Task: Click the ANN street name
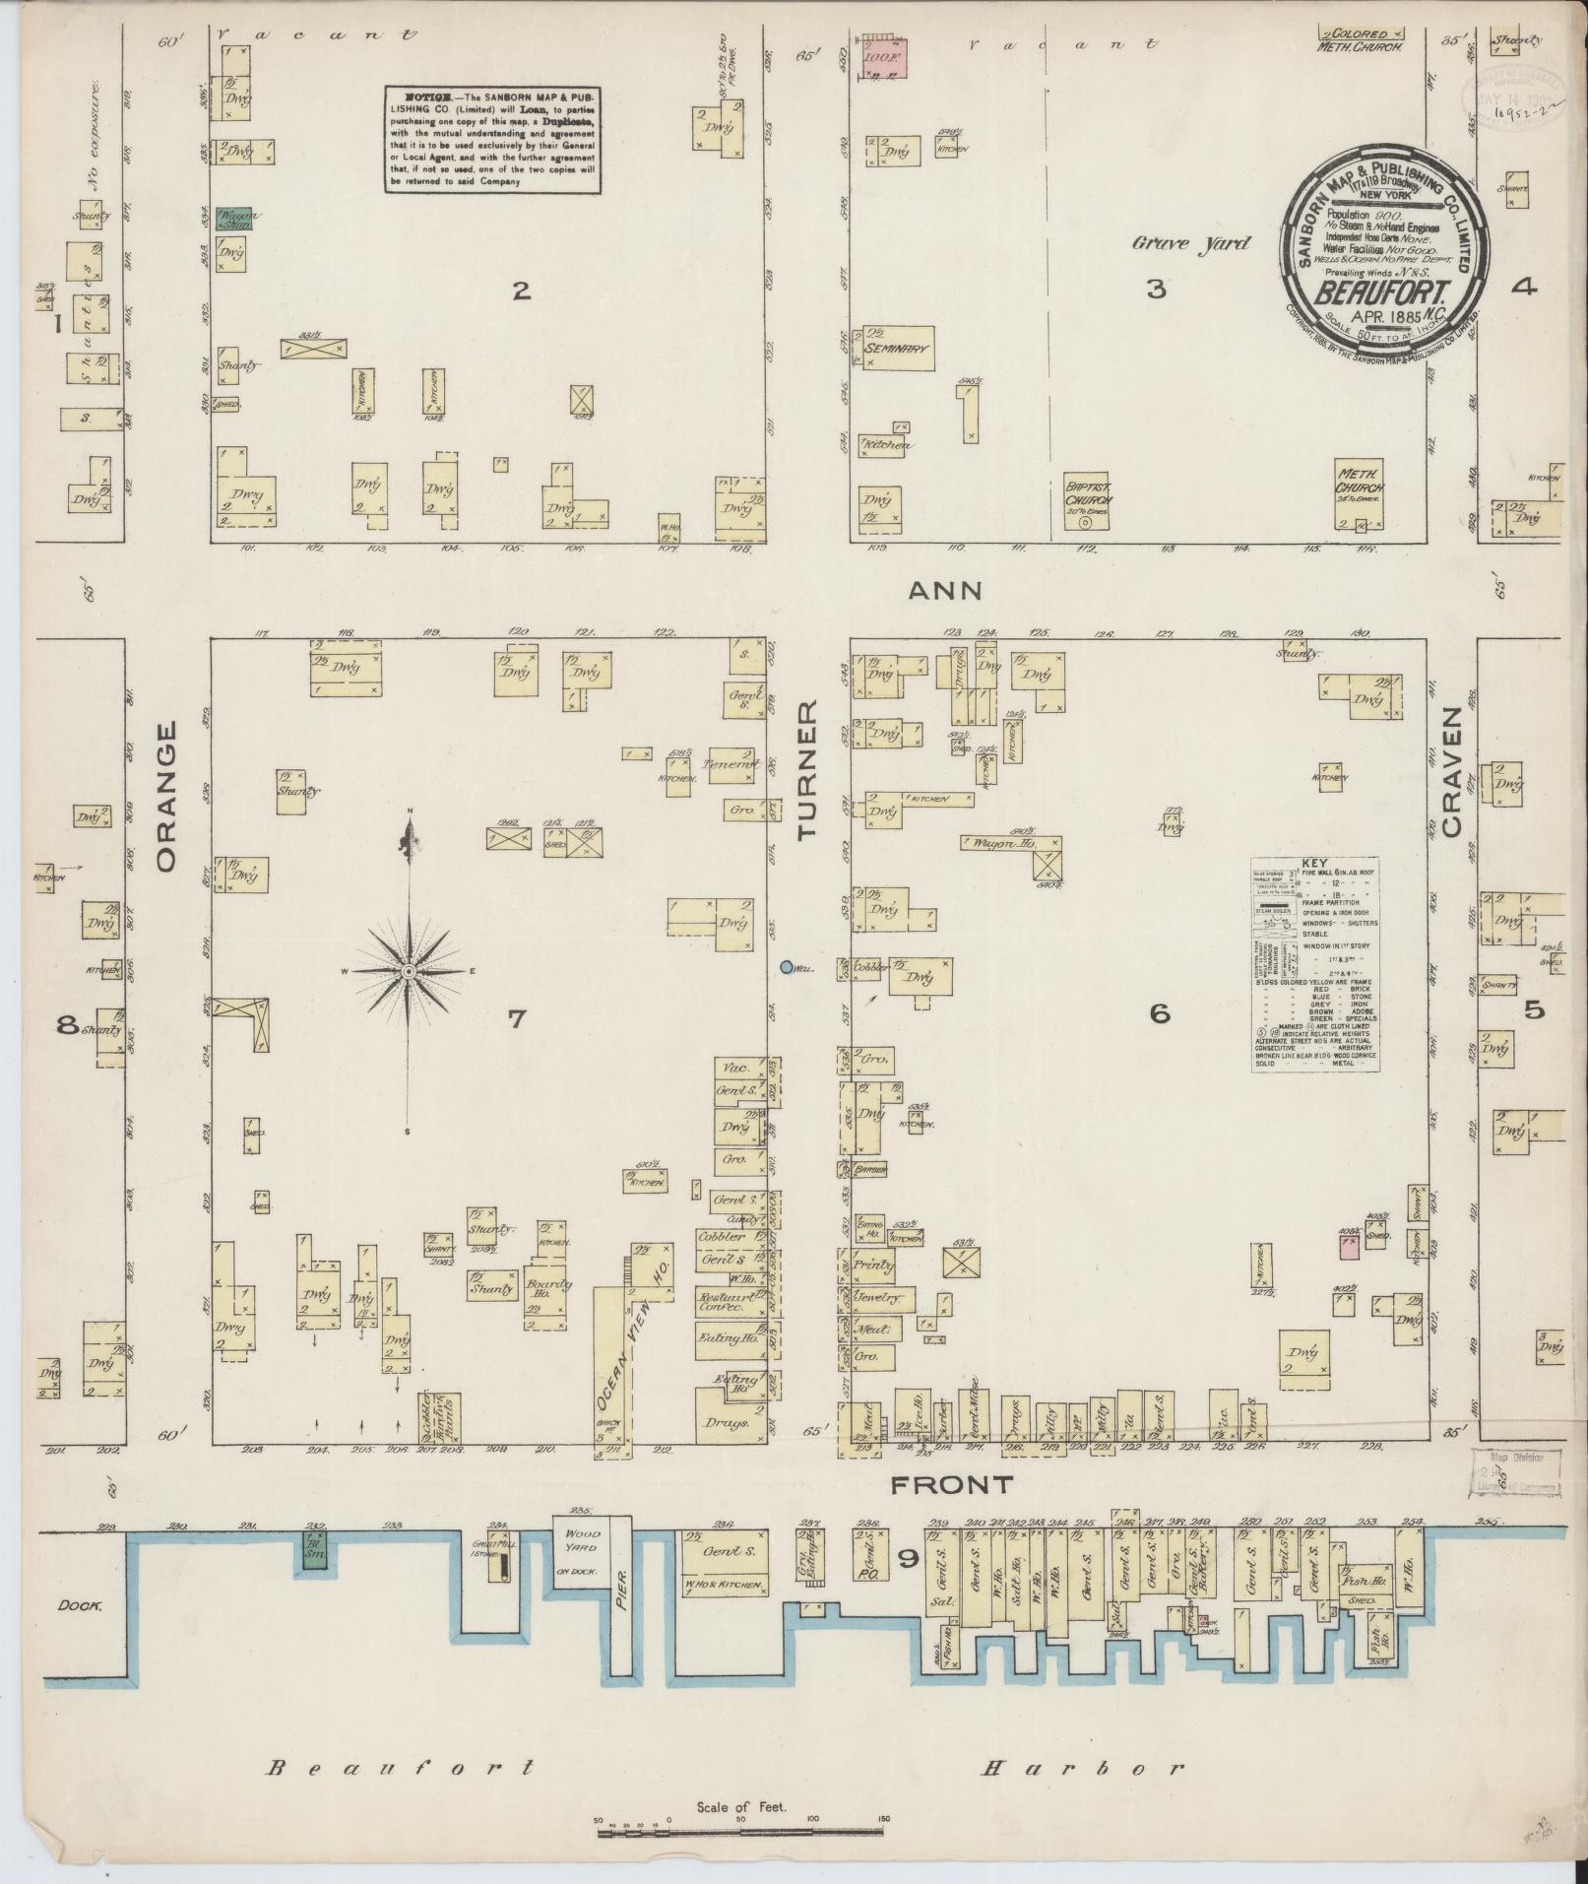(944, 590)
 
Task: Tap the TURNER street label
(808, 770)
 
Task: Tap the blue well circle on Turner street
(787, 967)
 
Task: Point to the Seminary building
(898, 347)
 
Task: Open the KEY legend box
(1314, 964)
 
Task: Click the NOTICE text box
(491, 139)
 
